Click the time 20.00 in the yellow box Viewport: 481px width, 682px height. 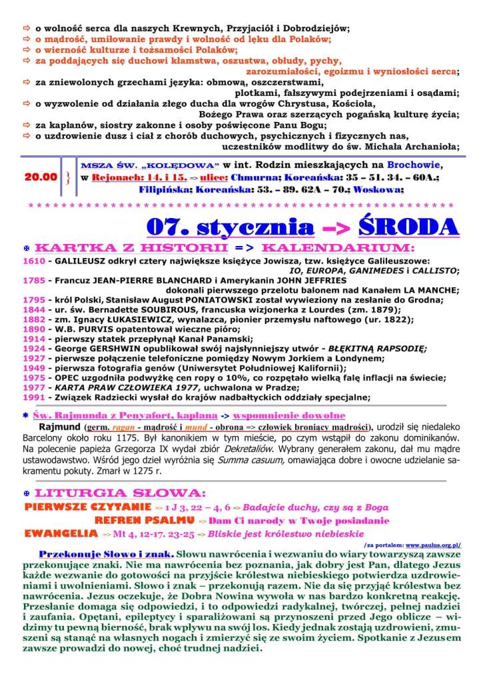click(x=40, y=177)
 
